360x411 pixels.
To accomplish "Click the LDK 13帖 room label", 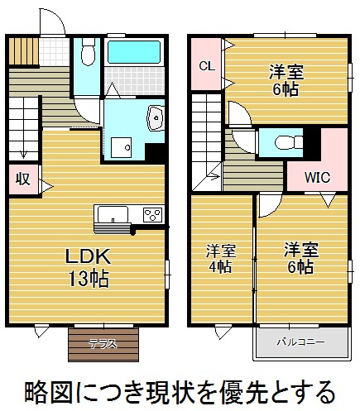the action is (88, 267).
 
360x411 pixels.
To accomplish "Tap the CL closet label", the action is (207, 66).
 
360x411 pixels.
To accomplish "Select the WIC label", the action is (317, 177).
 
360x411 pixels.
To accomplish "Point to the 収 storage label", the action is (22, 179).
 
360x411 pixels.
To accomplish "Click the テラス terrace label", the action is (103, 344).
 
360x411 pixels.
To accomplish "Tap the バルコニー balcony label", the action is (301, 342).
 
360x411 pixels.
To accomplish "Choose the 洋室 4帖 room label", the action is (220, 258).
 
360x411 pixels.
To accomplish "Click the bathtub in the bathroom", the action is (134, 52).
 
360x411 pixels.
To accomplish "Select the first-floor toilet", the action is (89, 52).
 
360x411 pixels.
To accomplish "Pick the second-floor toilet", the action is (288, 142).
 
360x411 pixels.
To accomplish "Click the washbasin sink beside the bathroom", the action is (156, 117).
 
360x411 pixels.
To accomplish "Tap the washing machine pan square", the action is (121, 147).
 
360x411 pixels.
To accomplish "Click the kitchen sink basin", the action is (113, 214).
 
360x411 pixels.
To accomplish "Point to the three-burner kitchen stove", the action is (152, 215).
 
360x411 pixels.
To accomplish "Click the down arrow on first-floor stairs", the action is (23, 154).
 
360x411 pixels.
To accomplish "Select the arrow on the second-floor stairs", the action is (214, 175).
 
